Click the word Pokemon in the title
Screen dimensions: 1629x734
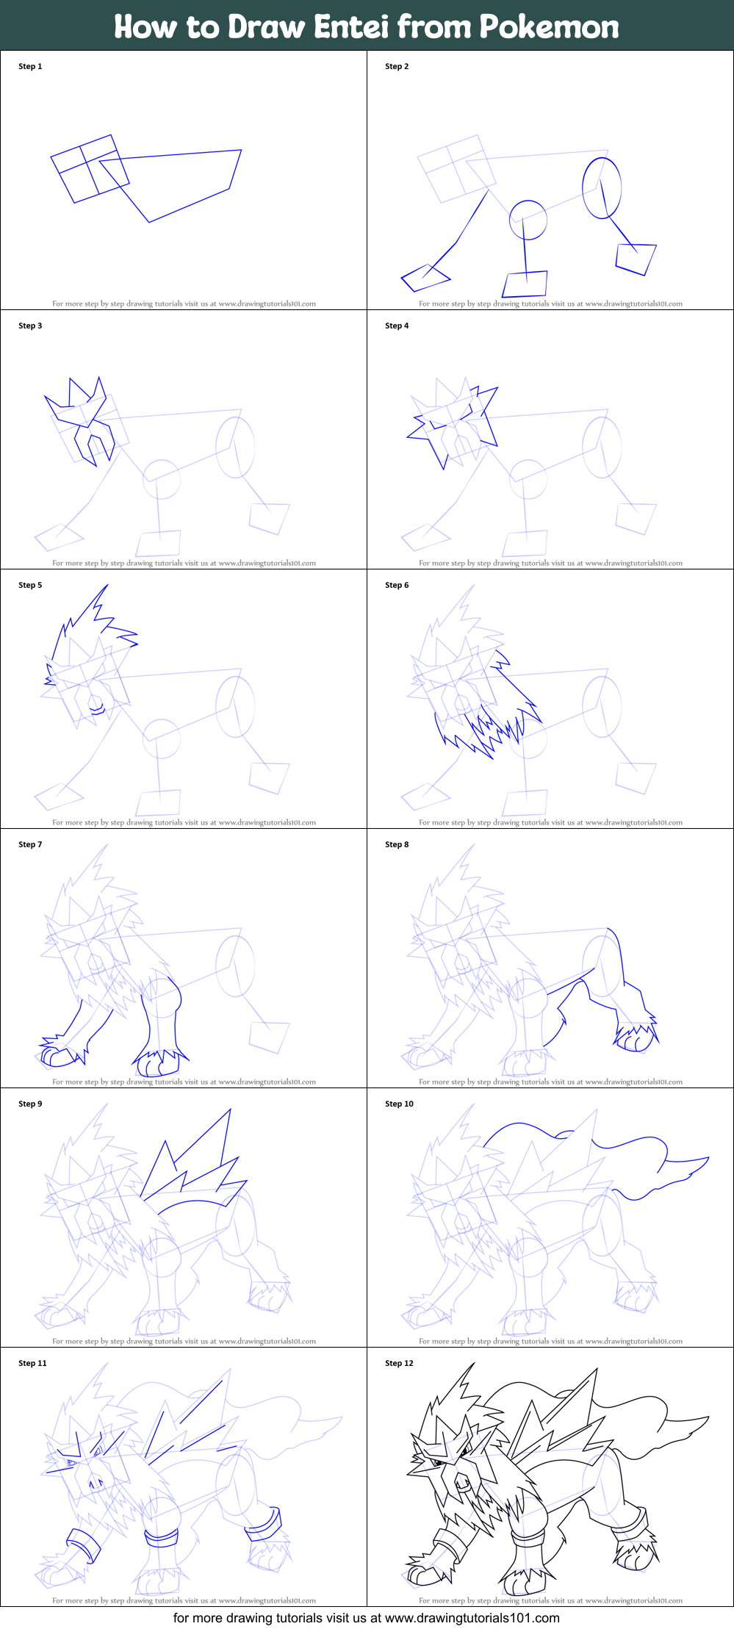point(549,26)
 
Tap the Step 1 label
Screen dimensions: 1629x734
point(30,66)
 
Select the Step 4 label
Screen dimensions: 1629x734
point(397,326)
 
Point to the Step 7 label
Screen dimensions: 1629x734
point(30,844)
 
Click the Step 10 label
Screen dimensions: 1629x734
point(399,1104)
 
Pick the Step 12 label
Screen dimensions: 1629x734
point(399,1363)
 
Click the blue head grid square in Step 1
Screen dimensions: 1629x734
point(90,168)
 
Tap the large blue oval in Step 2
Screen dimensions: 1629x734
point(602,187)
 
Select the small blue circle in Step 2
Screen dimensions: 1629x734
point(528,220)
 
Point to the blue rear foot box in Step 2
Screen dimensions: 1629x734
point(636,259)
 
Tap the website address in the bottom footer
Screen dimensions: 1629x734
point(472,1617)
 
